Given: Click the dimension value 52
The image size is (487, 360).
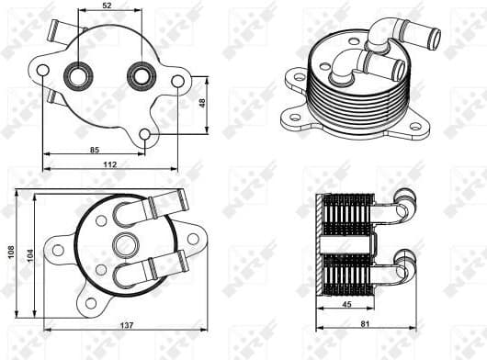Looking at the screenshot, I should click(108, 6).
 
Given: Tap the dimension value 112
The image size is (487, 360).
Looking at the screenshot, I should click(109, 164).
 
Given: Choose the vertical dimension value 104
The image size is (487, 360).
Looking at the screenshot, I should click(30, 253).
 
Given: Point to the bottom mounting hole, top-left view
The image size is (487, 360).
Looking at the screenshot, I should click(144, 136).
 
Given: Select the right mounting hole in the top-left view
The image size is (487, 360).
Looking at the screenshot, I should click(178, 82).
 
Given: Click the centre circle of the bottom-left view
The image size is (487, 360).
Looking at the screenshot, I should click(124, 244).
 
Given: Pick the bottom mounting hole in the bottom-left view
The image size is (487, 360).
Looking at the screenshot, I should click(90, 303).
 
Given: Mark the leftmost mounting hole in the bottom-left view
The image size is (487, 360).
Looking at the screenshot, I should click(57, 250).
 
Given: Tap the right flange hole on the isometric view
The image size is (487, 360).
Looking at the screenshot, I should click(415, 126).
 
